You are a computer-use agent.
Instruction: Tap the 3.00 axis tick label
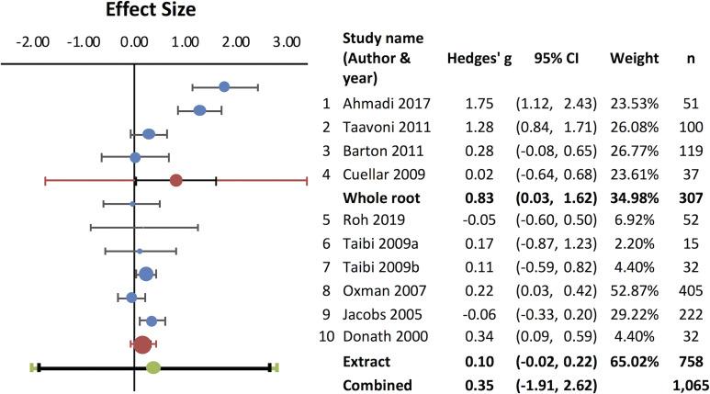pos(287,42)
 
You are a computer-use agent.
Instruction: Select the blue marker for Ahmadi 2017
pos(225,86)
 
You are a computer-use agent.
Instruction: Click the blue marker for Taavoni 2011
pos(199,111)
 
